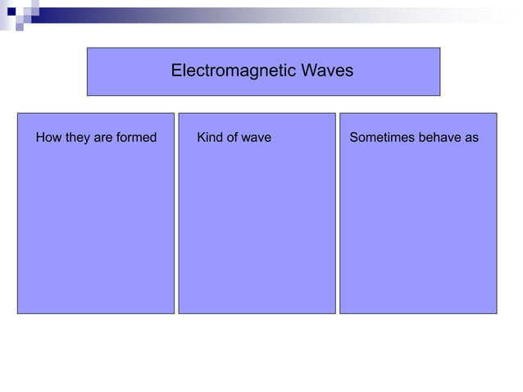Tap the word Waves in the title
point(326,71)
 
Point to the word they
point(77,138)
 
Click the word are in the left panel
point(103,138)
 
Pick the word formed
point(136,138)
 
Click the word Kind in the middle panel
point(211,138)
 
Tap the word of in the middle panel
point(234,138)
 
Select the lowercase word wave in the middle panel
point(257,138)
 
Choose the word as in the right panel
point(471,138)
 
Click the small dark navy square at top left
point(11,11)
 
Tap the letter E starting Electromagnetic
point(175,71)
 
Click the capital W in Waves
point(307,71)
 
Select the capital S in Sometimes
point(354,138)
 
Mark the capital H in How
point(40,138)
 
